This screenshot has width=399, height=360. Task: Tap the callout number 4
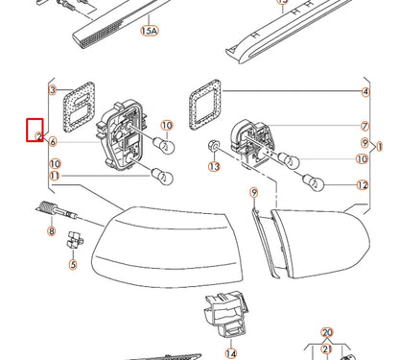click(364, 92)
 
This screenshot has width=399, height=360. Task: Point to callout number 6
click(53, 142)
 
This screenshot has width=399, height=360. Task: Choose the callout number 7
click(364, 127)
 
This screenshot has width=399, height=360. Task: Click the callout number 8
click(51, 231)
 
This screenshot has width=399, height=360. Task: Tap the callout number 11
click(54, 177)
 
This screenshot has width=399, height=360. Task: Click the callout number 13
click(214, 166)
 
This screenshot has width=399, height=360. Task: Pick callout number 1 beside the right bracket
click(381, 147)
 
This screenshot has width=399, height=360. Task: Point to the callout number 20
click(327, 332)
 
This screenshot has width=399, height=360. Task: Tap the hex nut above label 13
click(213, 145)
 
